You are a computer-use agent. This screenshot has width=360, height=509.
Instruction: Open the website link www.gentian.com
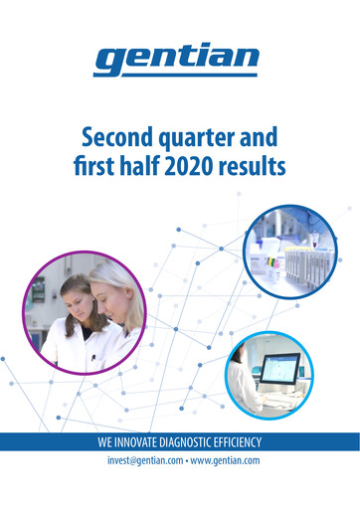click(x=224, y=461)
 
